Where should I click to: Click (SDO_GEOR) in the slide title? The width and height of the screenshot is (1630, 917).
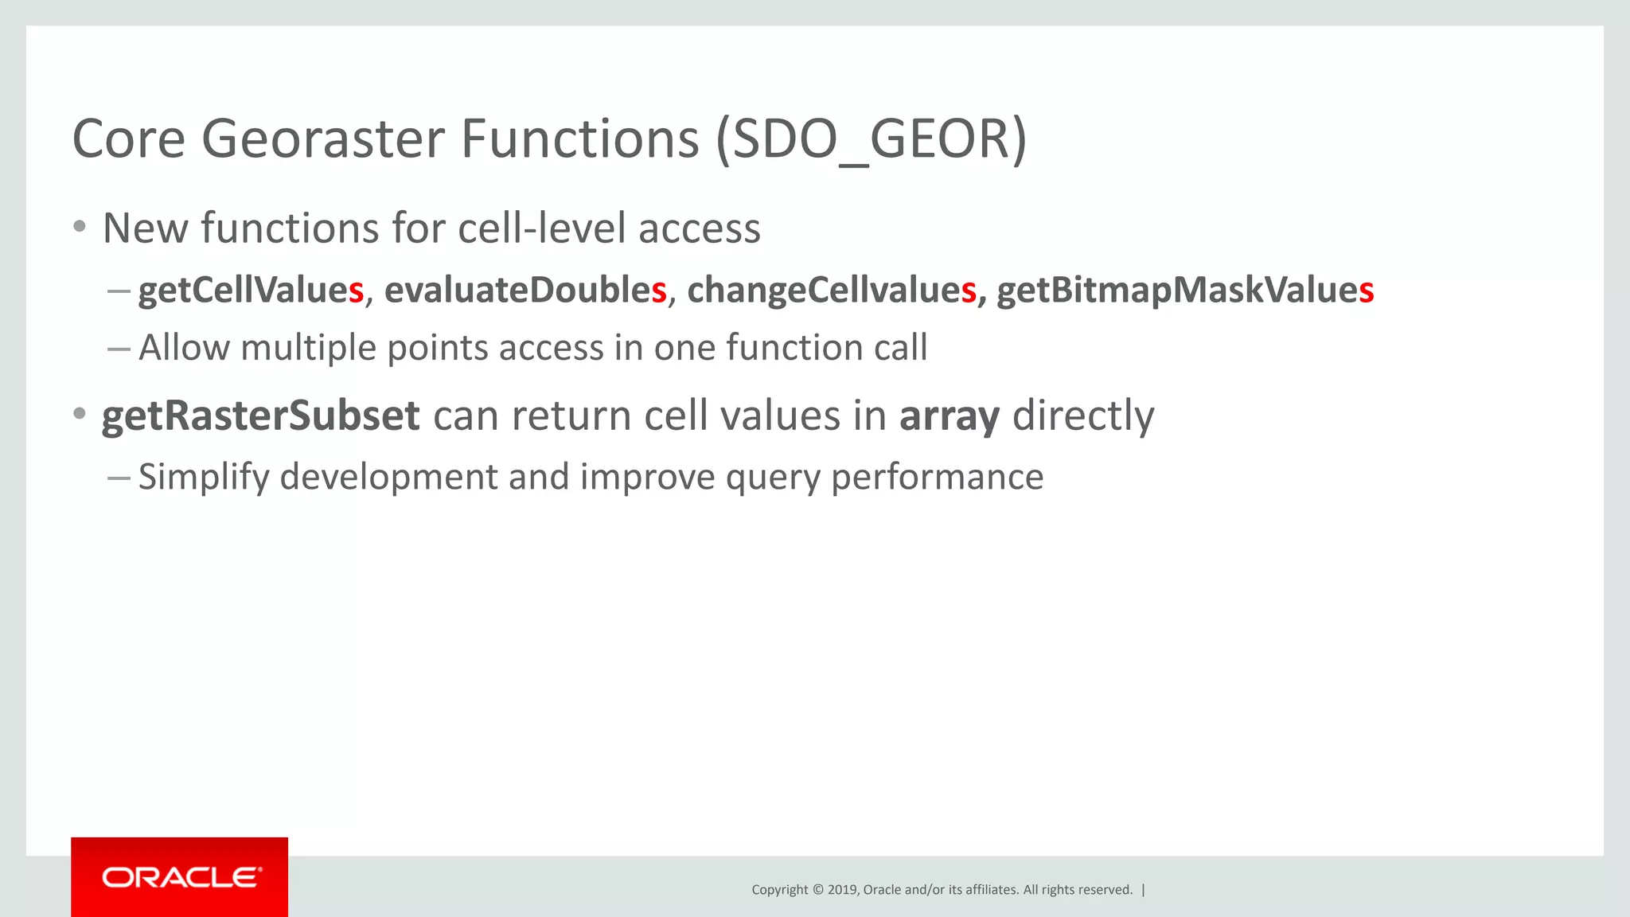[871, 140]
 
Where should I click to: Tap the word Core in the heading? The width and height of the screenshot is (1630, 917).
[128, 140]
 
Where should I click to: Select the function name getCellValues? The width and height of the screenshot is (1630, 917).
[250, 290]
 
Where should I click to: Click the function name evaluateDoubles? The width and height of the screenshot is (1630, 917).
[524, 290]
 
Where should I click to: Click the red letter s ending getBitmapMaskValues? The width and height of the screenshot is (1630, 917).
[1367, 291]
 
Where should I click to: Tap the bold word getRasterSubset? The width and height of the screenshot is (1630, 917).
[260, 416]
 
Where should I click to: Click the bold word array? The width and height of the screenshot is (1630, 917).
[949, 416]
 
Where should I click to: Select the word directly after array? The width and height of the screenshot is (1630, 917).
[1082, 416]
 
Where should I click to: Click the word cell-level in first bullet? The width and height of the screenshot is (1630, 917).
[541, 228]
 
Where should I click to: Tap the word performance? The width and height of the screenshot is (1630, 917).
[937, 478]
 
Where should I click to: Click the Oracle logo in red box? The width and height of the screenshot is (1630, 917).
[181, 877]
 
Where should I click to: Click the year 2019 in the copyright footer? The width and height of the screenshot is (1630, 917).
[842, 890]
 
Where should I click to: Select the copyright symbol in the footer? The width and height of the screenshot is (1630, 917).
[817, 890]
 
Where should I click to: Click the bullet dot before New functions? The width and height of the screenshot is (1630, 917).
[79, 227]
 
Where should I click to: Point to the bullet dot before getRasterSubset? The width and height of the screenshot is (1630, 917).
[79, 414]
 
